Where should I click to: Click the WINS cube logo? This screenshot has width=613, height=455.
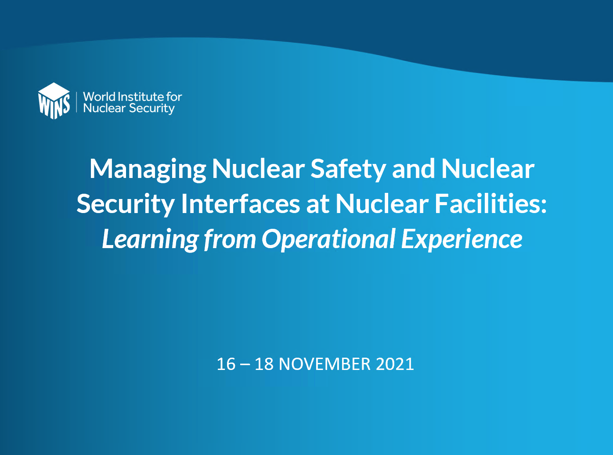54,101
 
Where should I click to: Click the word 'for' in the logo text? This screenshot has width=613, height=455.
174,96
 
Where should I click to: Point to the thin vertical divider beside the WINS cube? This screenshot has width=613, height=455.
76,102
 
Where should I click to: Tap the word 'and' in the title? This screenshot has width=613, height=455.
413,169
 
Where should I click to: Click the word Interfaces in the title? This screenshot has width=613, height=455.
241,204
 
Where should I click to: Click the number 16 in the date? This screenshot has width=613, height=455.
226,364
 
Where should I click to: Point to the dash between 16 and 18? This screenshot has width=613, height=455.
245,365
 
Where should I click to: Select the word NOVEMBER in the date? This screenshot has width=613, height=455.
325,364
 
